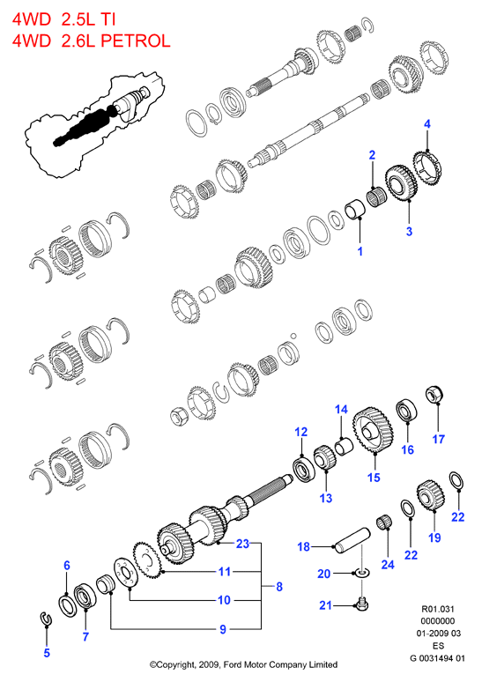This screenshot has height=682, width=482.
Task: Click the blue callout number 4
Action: tap(426, 124)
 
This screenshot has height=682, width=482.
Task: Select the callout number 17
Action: tap(439, 440)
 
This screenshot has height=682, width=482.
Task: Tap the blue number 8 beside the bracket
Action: tap(279, 587)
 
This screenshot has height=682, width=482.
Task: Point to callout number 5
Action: tap(47, 652)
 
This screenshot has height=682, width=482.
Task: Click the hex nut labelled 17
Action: tap(434, 395)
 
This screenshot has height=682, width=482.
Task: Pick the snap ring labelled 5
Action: tap(45, 619)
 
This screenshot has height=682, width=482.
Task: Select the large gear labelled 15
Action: tap(374, 430)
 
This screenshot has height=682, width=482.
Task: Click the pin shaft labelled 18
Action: tap(352, 541)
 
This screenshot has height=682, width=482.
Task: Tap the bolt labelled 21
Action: tap(362, 604)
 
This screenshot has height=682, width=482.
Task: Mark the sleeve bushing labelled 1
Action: tap(355, 208)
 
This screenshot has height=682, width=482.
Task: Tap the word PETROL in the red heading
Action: tap(136, 41)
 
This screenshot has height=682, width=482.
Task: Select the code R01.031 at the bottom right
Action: tap(437, 609)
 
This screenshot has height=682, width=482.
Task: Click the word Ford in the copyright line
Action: tap(233, 664)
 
